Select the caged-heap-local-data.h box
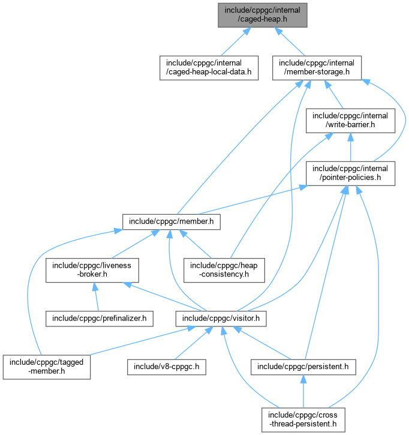coord(208,68)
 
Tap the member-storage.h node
coord(316,68)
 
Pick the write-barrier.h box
coord(350,120)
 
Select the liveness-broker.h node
coord(93,270)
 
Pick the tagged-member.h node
coord(47,367)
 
